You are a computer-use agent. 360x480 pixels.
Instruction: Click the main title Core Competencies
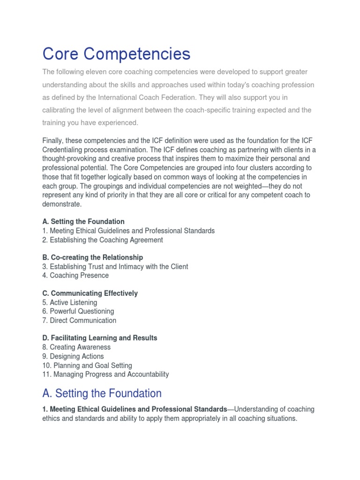tap(116, 54)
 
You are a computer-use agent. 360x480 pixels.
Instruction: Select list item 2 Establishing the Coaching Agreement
tap(103, 240)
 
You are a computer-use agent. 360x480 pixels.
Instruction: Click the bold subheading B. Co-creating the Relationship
tap(93, 257)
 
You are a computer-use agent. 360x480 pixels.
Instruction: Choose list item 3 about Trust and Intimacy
tap(115, 267)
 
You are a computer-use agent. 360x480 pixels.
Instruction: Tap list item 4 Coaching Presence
tap(75, 276)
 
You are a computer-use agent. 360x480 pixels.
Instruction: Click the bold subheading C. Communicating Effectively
tap(90, 293)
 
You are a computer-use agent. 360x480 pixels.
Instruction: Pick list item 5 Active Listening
tap(70, 303)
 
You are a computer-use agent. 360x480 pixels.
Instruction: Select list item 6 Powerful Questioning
tap(78, 311)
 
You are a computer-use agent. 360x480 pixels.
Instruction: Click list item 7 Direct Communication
tap(79, 321)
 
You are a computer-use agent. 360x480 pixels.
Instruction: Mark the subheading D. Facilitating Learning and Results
tap(100, 338)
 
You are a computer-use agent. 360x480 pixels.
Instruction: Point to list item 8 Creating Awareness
tap(76, 347)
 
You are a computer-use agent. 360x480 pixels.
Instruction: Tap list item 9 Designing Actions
tap(73, 356)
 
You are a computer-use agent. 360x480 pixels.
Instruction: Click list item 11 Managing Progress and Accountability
tap(105, 375)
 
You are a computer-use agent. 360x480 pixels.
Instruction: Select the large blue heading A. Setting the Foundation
tap(102, 393)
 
